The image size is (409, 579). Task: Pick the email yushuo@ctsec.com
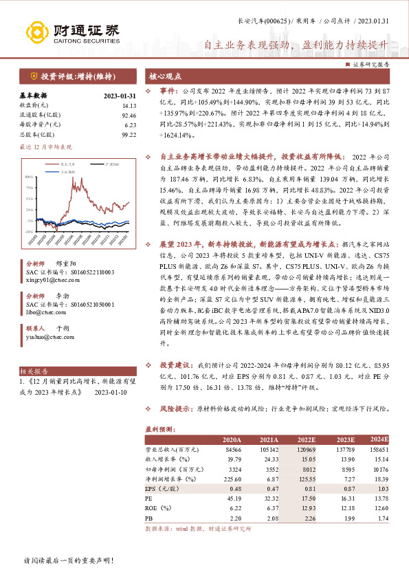coord(47,337)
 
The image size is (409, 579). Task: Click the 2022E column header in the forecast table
coord(308,439)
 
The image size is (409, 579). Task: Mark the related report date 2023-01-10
coord(109,392)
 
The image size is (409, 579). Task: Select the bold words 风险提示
coord(176,408)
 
